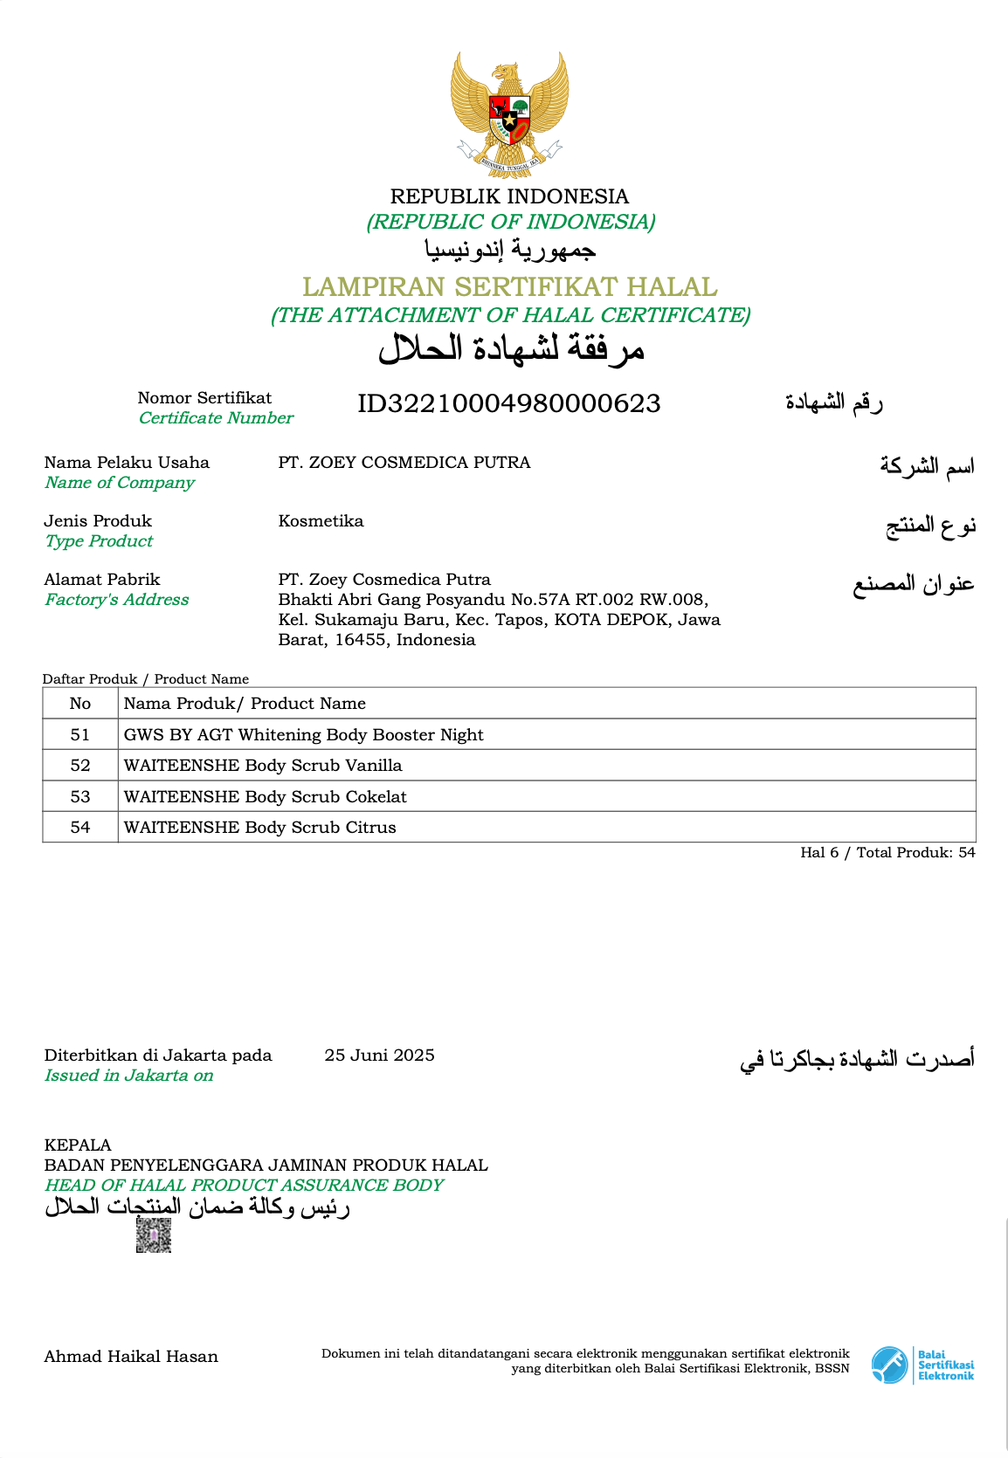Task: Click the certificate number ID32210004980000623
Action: click(x=508, y=403)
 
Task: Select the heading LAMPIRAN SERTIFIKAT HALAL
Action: click(x=509, y=286)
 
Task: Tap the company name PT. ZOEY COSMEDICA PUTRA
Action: click(x=404, y=463)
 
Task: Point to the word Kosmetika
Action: click(x=321, y=521)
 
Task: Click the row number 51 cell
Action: click(x=80, y=735)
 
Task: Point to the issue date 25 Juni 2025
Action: click(x=379, y=1056)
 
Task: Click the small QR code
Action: click(x=154, y=1235)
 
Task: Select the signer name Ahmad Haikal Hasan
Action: click(x=131, y=1357)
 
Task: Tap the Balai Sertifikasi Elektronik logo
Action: click(x=922, y=1365)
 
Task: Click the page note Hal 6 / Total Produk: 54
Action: click(x=887, y=853)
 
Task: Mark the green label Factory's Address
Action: click(x=117, y=600)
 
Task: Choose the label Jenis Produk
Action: click(x=98, y=521)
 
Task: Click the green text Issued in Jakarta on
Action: click(x=128, y=1076)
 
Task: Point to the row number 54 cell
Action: click(x=80, y=828)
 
